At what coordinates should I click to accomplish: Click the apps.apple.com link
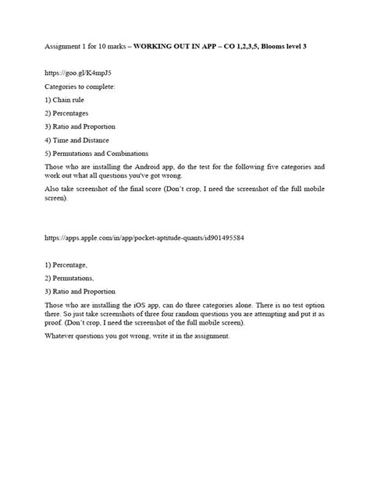click(144, 237)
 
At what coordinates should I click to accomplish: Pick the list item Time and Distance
click(80, 140)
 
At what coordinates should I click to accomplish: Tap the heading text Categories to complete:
click(80, 86)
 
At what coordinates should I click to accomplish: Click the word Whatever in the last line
click(61, 336)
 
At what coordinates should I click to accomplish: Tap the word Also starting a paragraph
click(52, 189)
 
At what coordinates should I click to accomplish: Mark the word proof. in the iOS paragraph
click(53, 322)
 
